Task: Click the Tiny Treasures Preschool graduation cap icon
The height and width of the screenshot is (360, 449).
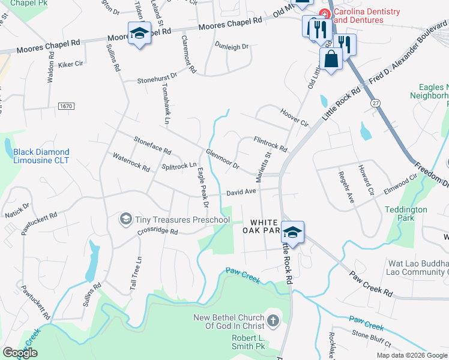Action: point(126,219)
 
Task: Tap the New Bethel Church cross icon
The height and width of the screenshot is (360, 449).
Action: point(273,319)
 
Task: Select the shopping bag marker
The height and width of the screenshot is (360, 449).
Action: point(331,59)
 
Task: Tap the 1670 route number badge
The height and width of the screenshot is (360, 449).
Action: point(66,106)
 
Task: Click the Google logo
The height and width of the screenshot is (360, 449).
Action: point(20,353)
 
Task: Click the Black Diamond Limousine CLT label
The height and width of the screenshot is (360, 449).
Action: point(41,156)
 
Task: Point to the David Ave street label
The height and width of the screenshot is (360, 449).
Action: point(241,192)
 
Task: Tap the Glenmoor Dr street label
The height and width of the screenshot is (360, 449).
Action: point(222,158)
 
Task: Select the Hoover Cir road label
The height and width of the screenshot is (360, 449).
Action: point(294,117)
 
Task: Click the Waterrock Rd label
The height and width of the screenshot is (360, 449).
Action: point(131,162)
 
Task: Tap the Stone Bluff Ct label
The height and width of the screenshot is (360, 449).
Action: point(371,337)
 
